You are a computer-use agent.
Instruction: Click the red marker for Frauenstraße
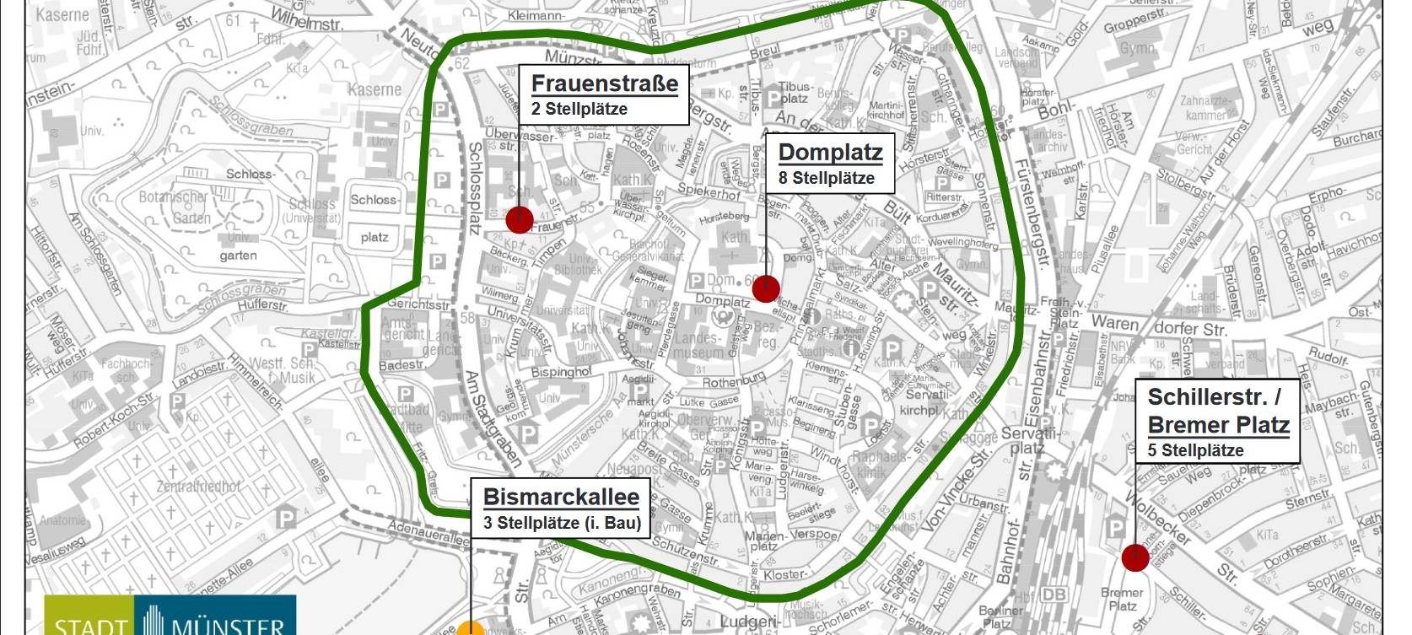520,219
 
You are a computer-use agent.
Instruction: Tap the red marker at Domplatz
765,288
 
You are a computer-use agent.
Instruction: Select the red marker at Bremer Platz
1135,557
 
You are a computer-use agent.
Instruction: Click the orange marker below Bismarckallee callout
472,629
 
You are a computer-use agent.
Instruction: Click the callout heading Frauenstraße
604,83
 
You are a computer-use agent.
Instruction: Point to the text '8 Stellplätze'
826,178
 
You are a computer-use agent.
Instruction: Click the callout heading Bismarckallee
561,497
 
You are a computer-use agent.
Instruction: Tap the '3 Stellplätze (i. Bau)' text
562,523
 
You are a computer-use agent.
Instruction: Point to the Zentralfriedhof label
198,487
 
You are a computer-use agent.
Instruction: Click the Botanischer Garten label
174,207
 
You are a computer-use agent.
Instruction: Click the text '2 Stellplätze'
579,109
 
